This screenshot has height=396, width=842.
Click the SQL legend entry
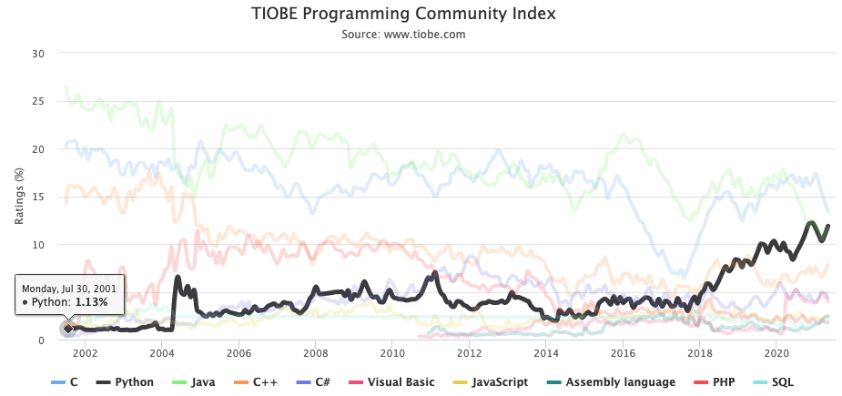[788, 382]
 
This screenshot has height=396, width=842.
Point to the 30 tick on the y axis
[38, 53]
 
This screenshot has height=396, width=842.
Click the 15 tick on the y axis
[38, 197]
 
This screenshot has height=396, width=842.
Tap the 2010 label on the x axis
[392, 353]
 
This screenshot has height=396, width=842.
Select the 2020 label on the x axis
[776, 353]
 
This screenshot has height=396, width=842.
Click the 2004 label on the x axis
[162, 353]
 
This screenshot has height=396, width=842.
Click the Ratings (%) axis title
[19, 197]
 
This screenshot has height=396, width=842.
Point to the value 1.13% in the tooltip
[91, 301]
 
